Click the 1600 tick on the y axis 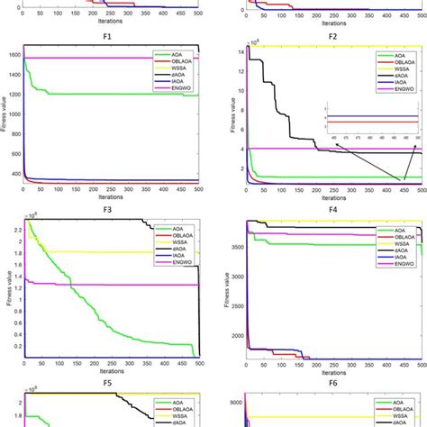(x=15, y=54)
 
